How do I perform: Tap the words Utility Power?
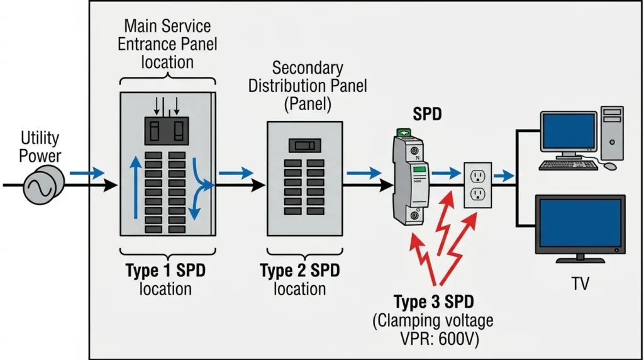[40, 147]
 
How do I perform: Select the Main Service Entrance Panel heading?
[167, 44]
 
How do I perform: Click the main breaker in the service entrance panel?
[167, 131]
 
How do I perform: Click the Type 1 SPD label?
[165, 271]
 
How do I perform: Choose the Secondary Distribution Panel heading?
[308, 86]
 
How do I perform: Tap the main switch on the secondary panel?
[305, 145]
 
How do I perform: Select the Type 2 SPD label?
[300, 271]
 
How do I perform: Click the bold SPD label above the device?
[427, 114]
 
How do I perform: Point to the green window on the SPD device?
[419, 169]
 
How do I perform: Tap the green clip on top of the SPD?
[404, 133]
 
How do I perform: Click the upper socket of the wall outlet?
[478, 176]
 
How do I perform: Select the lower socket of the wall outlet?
[478, 193]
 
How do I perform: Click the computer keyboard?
[569, 165]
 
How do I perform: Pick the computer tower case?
[612, 133]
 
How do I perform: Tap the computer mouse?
[610, 166]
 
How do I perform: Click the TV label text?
[580, 284]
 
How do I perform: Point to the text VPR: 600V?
[440, 339]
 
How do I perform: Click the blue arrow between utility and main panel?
[87, 173]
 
